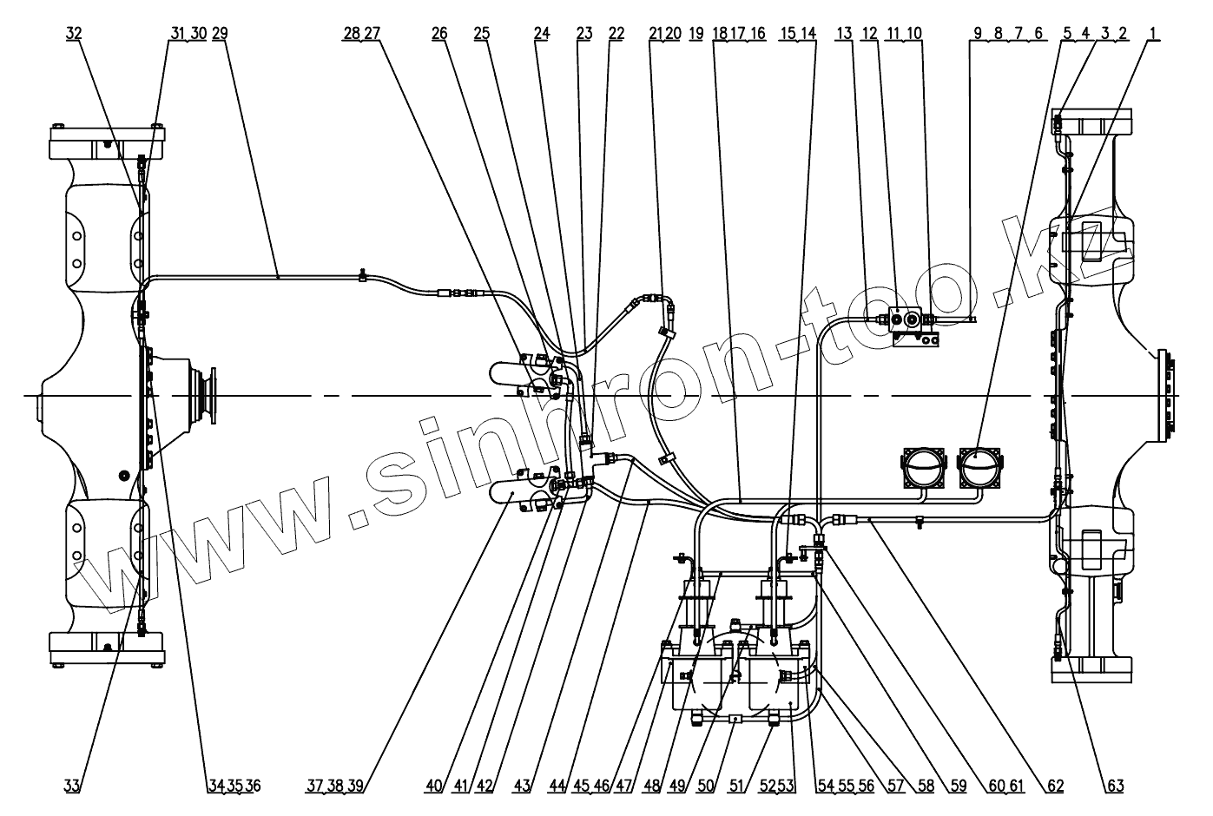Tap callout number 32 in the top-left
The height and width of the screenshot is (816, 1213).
click(74, 33)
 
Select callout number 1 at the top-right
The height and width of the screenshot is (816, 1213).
click(1153, 33)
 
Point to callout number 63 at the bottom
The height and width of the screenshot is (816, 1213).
click(1115, 786)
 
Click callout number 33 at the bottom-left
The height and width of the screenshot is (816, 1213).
click(72, 786)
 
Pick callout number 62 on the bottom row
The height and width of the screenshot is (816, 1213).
click(1055, 786)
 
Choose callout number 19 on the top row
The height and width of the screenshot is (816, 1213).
click(695, 33)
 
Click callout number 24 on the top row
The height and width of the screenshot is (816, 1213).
click(542, 33)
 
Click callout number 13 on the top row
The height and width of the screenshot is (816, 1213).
click(845, 33)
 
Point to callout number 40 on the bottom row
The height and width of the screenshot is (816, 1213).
click(433, 786)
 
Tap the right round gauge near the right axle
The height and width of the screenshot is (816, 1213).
click(979, 468)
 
